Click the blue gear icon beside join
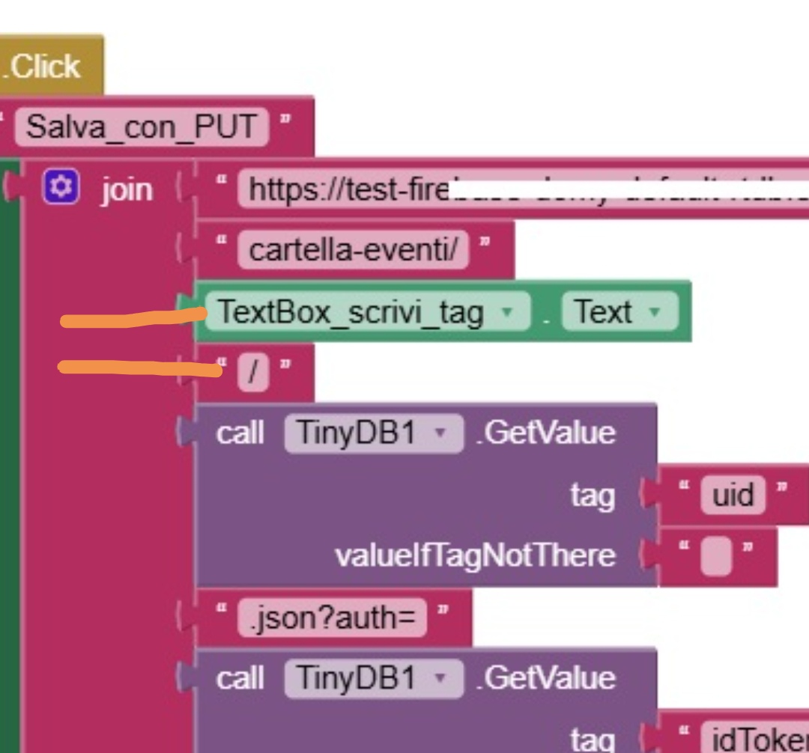pyautogui.click(x=61, y=187)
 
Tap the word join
pyautogui.click(x=127, y=189)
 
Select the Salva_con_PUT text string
pyautogui.click(x=142, y=126)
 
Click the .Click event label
pyautogui.click(x=45, y=67)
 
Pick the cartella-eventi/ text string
pyautogui.click(x=353, y=249)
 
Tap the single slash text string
pyautogui.click(x=253, y=373)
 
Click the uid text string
pyautogui.click(x=733, y=495)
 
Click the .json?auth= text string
pyautogui.click(x=332, y=618)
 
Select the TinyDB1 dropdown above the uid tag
pyautogui.click(x=373, y=433)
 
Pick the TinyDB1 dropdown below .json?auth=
pyautogui.click(x=373, y=679)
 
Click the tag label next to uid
pyautogui.click(x=592, y=496)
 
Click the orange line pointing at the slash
pyautogui.click(x=139, y=368)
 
